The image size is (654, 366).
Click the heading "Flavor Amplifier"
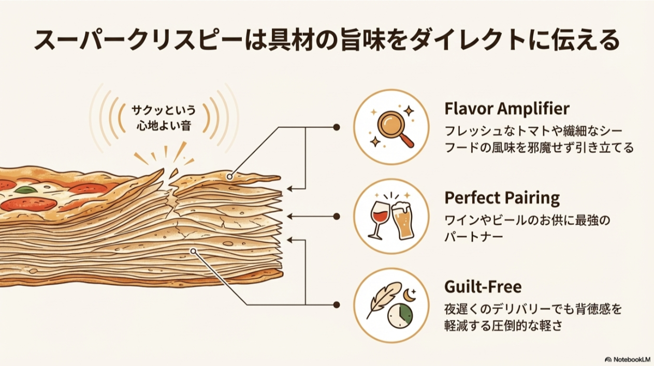pos(506,109)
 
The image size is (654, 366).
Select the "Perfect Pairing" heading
pos(502,198)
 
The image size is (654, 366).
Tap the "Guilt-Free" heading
pos(483,286)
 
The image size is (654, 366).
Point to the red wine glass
pos(379,218)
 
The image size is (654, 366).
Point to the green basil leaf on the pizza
pos(25,190)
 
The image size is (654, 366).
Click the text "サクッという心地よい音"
pos(164,118)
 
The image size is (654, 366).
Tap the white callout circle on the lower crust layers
pos(193,252)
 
